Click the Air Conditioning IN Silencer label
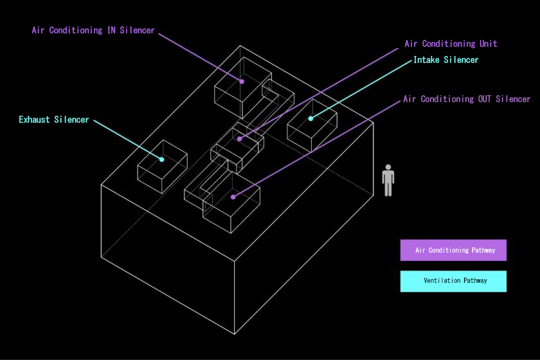93,30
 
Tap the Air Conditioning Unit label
451,44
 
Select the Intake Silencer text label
446,60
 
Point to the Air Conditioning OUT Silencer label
467,99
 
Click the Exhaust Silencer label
54,120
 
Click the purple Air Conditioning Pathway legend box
453,250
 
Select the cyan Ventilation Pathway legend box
453,281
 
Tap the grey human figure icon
388,180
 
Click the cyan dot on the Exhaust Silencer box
161,159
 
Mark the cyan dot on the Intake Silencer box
310,118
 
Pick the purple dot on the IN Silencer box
242,82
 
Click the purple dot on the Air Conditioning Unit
239,139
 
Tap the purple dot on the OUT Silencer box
233,197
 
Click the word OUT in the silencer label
484,99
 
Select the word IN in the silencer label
111,30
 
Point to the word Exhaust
34,120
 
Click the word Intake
426,60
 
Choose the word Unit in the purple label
489,44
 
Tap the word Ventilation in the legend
442,280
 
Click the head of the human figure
388,167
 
